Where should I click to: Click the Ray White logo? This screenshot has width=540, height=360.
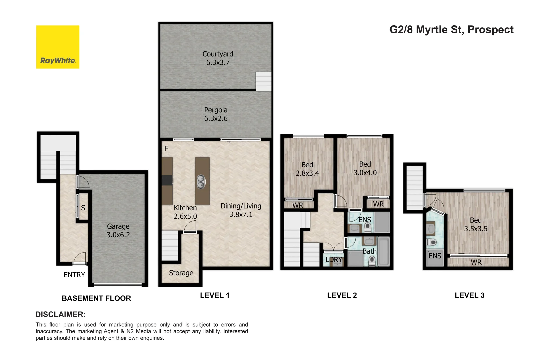(58, 47)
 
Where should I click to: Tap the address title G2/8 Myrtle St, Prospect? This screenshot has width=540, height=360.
(451, 30)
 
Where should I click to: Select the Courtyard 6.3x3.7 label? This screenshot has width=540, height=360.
(218, 58)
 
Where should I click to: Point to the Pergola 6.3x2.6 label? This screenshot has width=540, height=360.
(216, 114)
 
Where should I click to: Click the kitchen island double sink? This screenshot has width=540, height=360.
(201, 181)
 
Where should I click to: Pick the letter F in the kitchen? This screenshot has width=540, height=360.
(166, 148)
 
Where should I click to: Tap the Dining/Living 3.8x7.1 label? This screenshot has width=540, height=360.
(241, 210)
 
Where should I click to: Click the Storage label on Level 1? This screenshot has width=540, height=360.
(181, 273)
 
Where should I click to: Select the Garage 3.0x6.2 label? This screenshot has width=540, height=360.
(118, 230)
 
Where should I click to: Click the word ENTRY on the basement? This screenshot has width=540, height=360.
(74, 275)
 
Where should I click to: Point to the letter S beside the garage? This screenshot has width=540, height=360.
(83, 208)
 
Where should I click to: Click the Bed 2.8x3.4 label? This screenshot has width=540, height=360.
(307, 169)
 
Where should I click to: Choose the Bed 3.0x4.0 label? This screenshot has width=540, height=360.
(365, 168)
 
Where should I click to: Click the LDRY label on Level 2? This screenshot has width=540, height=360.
(334, 259)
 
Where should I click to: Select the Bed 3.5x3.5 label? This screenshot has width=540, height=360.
(475, 224)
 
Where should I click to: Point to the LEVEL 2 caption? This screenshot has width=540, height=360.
(342, 295)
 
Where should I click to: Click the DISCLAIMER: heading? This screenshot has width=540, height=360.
(60, 314)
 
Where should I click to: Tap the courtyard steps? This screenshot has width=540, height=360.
(263, 81)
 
